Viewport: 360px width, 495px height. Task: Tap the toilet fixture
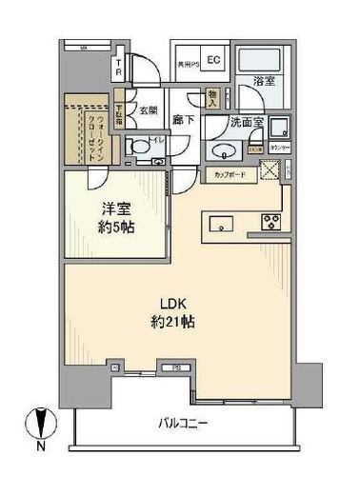pyautogui.click(x=139, y=148)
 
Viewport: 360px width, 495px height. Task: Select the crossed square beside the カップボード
pyautogui.click(x=270, y=171)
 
